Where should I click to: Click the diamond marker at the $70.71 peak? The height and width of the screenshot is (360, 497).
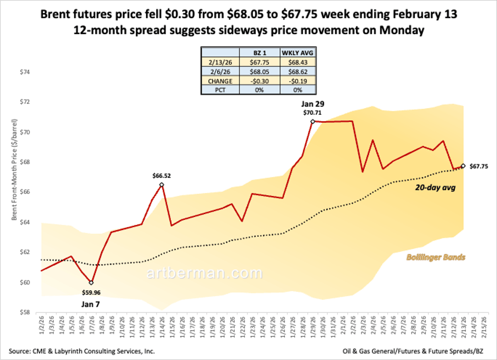[313, 121]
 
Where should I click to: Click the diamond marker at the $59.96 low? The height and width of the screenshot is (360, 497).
[91, 283]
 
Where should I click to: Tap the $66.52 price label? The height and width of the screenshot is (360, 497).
[162, 175]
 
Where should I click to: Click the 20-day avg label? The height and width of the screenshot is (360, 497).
[435, 188]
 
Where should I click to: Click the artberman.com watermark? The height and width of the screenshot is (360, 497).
[205, 273]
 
